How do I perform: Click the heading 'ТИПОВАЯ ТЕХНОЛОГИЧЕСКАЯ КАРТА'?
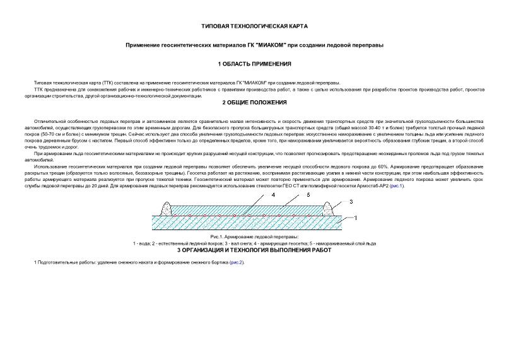click(254, 26)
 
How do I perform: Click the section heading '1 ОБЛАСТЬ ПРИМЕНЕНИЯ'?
click(254, 64)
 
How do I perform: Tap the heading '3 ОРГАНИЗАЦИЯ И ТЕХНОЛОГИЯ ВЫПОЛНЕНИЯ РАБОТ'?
click(254, 250)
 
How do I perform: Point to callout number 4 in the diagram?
click(273, 195)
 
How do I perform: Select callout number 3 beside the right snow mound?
click(352, 201)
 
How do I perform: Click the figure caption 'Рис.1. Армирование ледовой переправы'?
click(254, 236)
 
